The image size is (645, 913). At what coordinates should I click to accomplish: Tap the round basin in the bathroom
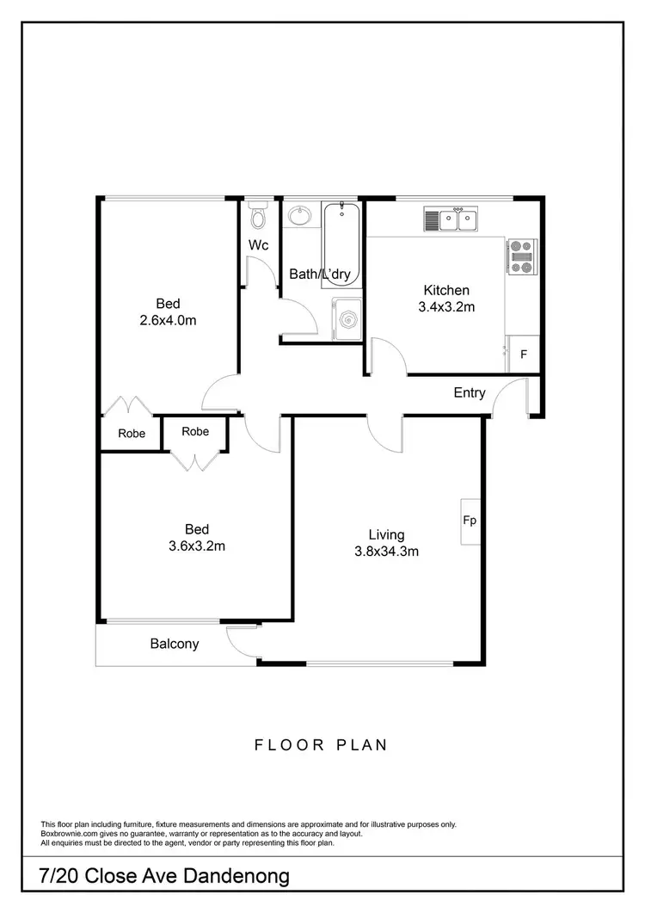(x=300, y=214)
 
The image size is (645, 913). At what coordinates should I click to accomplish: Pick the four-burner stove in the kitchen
(x=520, y=256)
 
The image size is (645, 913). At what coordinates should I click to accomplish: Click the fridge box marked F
(x=523, y=354)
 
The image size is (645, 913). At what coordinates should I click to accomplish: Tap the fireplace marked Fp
(x=470, y=521)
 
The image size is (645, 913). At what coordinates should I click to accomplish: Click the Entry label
(x=470, y=393)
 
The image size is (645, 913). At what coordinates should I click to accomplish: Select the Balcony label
(x=175, y=644)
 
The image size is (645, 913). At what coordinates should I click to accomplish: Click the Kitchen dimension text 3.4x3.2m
(x=446, y=306)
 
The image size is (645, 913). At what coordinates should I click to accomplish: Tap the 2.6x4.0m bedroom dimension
(x=169, y=320)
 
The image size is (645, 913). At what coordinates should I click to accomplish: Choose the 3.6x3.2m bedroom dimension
(x=197, y=546)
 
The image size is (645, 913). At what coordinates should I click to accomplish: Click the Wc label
(x=259, y=245)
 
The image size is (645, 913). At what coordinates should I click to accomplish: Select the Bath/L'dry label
(x=324, y=275)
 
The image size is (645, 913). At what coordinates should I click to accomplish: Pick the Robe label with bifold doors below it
(x=196, y=432)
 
